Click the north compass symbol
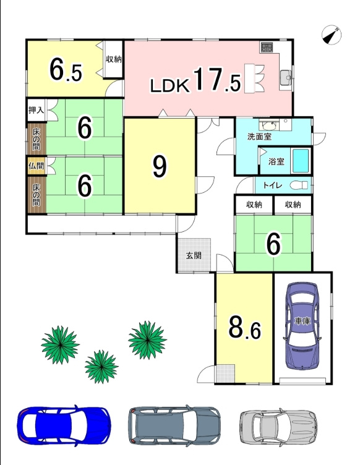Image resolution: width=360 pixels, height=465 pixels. tap(331, 35)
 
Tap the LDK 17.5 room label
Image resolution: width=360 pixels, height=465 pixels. tap(195, 80)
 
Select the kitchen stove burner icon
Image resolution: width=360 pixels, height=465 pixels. tap(267, 47)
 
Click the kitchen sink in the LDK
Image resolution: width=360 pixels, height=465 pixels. tap(285, 77)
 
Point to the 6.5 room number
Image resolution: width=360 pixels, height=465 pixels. tap(66, 70)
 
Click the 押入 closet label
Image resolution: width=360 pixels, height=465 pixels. tap(36, 110)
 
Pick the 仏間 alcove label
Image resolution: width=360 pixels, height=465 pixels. tap(36, 166)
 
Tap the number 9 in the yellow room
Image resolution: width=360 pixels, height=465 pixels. tap(160, 167)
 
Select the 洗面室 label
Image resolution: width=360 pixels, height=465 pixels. tap(259, 137)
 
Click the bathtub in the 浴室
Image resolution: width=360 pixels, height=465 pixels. tap(301, 161)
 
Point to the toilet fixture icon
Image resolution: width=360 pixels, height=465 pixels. tap(299, 186)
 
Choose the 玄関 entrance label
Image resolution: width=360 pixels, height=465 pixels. tap(194, 255)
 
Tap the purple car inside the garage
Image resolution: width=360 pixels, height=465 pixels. tap(302, 325)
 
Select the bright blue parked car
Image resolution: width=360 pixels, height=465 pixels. tap(64, 425)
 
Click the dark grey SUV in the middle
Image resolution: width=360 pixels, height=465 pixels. tap(174, 425)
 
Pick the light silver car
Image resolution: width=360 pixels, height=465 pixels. tap(278, 426)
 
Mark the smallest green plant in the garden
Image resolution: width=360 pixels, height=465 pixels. tap(101, 366)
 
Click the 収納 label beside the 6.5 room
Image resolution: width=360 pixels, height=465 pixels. tap(114, 59)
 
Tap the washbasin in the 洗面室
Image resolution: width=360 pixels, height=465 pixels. tap(268, 125)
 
